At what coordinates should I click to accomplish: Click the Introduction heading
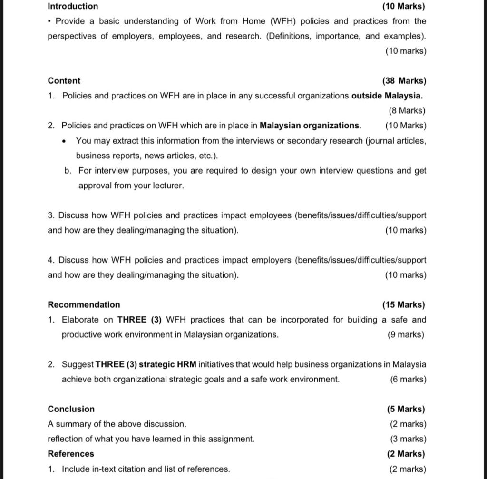pos(73,6)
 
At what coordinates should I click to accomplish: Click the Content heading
pos(64,81)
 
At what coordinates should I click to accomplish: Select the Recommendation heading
pos(84,304)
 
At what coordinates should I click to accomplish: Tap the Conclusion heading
pos(71,409)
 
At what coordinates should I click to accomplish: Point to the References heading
pos(70,453)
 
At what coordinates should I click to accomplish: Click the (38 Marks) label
pos(404,81)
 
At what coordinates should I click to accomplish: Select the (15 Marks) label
pos(403,304)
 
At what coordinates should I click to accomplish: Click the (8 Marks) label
pos(407,110)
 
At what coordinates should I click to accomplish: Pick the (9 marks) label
pos(406,334)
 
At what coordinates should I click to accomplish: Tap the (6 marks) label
pos(408,379)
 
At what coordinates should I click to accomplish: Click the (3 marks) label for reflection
pos(408,439)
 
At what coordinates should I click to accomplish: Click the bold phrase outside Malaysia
pos(387,96)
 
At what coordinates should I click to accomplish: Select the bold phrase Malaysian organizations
pos(310,126)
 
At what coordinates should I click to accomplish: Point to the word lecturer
pos(168,186)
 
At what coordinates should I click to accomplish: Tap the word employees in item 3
pos(270,215)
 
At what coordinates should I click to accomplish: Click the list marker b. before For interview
pos(68,170)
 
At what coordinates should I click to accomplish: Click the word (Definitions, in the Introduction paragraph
pos(290,36)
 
